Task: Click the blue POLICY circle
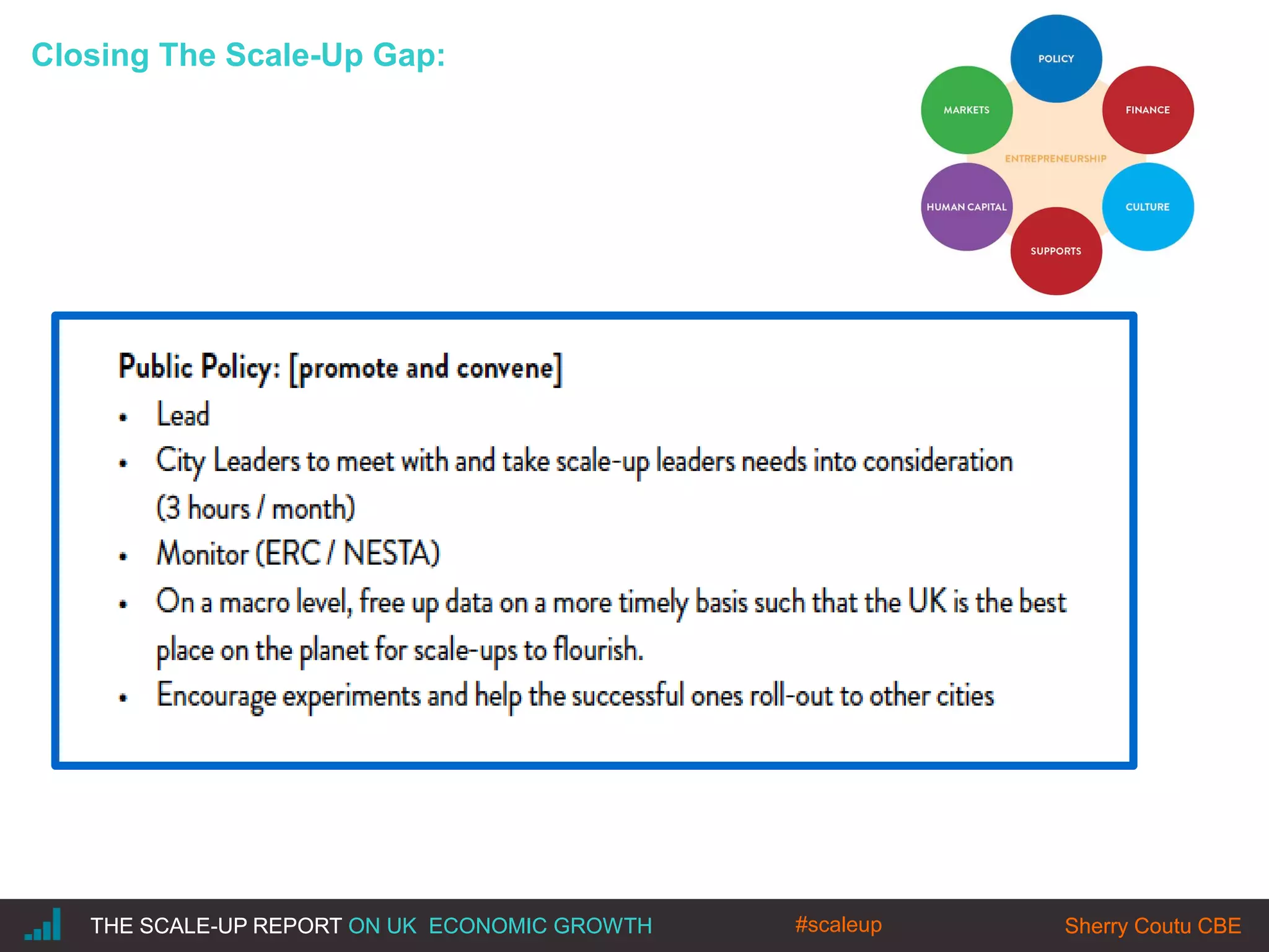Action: coord(1056,59)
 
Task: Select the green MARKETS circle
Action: coord(967,110)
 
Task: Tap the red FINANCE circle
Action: coord(1148,110)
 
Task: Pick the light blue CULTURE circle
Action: coord(1148,207)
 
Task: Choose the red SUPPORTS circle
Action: coord(1056,251)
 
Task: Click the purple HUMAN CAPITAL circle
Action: coord(967,207)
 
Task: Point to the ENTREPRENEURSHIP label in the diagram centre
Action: coord(1055,159)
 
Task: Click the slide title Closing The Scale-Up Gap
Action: coord(239,55)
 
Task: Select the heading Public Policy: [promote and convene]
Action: coord(340,368)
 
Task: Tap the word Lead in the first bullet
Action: coord(183,415)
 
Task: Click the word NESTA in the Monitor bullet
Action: coord(391,553)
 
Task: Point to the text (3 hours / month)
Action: coord(255,508)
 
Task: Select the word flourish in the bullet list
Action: coord(597,650)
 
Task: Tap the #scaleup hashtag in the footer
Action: coord(838,924)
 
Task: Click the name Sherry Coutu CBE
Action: coord(1153,925)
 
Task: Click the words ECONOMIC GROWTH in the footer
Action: coord(540,925)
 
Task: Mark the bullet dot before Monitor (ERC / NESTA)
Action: coord(123,557)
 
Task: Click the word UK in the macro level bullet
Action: coord(928,601)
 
